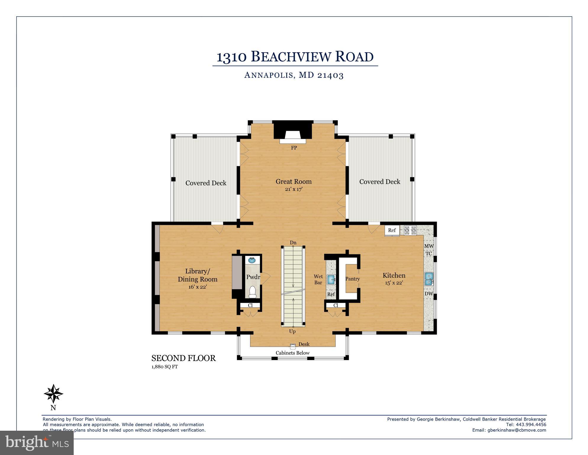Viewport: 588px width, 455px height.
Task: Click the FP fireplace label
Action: click(294, 148)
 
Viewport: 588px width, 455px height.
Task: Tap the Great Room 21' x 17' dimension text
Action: click(294, 189)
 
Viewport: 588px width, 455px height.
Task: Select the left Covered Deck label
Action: click(206, 183)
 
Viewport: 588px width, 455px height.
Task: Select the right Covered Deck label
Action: click(380, 182)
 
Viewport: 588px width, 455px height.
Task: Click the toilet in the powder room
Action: click(252, 292)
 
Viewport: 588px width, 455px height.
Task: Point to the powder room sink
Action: click(252, 260)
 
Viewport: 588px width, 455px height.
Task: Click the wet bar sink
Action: click(331, 279)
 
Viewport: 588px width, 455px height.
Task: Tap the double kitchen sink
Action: click(429, 279)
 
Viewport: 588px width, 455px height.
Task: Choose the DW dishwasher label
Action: click(429, 294)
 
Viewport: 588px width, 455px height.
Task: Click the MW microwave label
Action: click(429, 246)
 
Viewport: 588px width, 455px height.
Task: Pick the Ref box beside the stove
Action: click(392, 230)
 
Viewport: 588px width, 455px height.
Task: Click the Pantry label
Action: click(352, 279)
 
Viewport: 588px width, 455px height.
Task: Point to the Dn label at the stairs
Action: click(293, 242)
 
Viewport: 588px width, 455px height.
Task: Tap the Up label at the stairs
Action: click(292, 331)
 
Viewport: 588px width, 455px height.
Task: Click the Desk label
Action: click(304, 344)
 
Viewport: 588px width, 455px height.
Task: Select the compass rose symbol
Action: click(53, 394)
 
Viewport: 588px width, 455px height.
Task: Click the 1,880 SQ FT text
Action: click(165, 367)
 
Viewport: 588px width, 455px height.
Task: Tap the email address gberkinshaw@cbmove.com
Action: click(517, 430)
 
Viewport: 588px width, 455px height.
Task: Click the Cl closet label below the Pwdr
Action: click(250, 305)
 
